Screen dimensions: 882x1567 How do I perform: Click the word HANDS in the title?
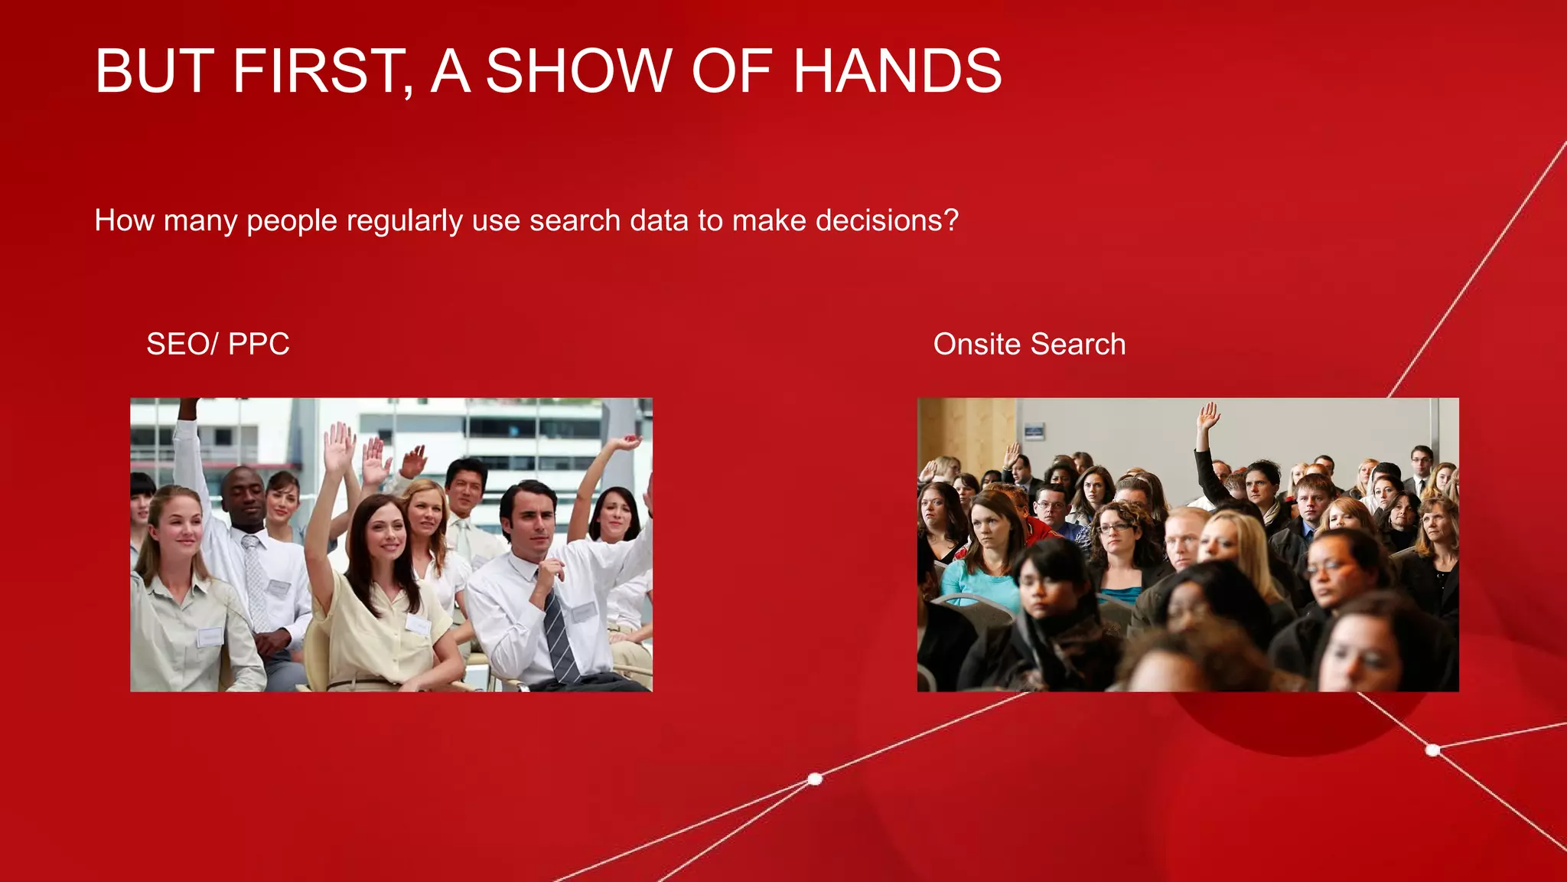point(897,71)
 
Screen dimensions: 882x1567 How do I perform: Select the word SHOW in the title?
point(578,71)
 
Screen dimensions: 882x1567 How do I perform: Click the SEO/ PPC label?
point(217,344)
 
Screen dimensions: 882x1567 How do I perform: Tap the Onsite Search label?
point(1029,344)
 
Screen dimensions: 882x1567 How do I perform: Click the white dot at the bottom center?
point(815,779)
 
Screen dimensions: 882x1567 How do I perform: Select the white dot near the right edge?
point(1433,750)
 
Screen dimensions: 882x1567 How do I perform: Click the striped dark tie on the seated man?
point(560,635)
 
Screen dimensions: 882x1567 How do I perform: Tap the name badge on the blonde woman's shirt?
point(209,636)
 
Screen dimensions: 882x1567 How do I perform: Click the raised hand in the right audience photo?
point(1208,417)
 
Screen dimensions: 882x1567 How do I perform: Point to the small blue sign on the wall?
point(1034,431)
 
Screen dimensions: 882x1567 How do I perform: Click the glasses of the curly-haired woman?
point(1113,528)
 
